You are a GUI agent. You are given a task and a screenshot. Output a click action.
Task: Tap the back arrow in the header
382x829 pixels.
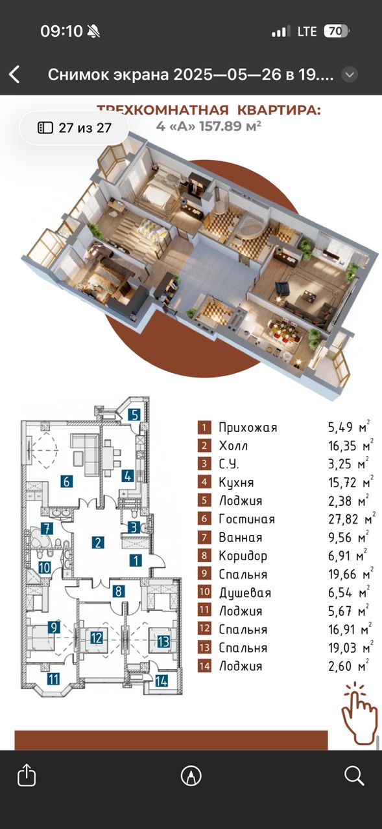click(x=14, y=74)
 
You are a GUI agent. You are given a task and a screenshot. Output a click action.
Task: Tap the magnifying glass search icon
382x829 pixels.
click(x=354, y=775)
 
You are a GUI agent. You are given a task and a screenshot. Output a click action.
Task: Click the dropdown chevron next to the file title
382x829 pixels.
click(x=350, y=75)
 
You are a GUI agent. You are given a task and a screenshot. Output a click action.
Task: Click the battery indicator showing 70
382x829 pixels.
click(x=337, y=32)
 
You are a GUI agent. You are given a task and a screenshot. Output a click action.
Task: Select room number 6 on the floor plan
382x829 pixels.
click(x=67, y=481)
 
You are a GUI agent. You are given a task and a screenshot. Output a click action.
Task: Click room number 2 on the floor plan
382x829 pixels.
click(x=98, y=543)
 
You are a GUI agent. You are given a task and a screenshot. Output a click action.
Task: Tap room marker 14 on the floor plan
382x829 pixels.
click(x=161, y=681)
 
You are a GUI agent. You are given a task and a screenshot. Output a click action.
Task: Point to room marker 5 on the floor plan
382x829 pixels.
click(x=135, y=415)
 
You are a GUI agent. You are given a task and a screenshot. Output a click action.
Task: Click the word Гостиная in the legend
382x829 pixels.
click(x=246, y=519)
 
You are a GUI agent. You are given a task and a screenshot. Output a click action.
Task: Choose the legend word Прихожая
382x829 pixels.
click(x=248, y=427)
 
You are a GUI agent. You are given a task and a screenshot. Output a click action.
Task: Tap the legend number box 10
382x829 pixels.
click(x=204, y=592)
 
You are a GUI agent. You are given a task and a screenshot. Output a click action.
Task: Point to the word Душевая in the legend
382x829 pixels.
click(x=245, y=593)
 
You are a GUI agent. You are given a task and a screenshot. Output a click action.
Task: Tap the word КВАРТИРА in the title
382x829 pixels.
click(x=279, y=110)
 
